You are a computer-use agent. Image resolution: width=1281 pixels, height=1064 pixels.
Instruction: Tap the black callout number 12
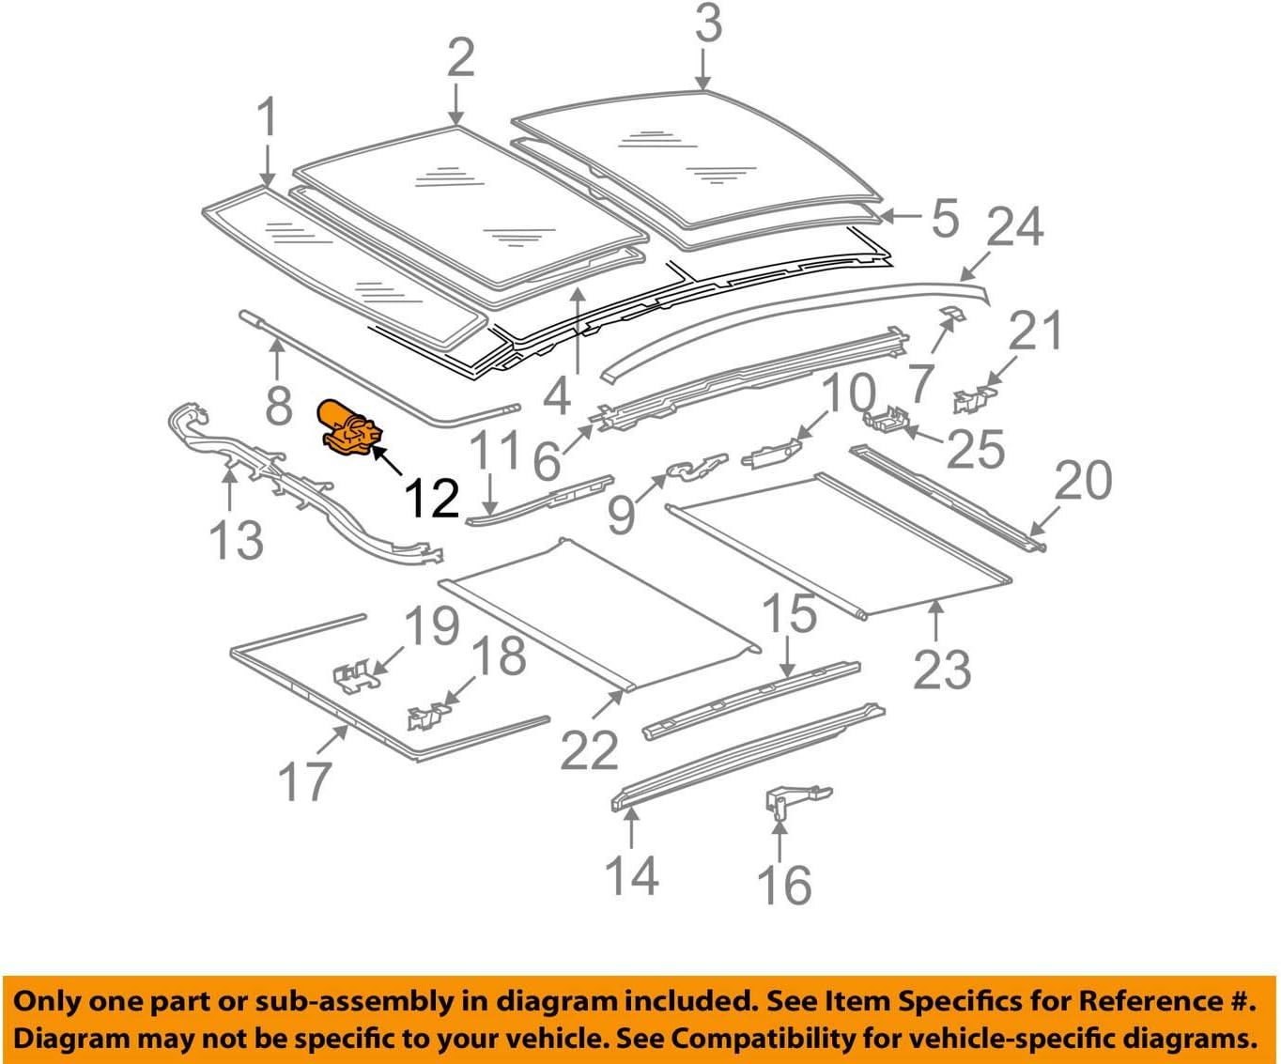[x=431, y=498]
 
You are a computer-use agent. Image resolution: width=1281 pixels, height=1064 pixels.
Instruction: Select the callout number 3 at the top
[x=708, y=24]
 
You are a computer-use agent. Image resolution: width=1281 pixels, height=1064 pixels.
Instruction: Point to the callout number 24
[x=1014, y=226]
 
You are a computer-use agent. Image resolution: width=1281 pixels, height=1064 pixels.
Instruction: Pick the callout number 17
[x=305, y=781]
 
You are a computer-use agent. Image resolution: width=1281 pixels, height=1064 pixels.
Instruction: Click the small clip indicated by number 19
[x=357, y=677]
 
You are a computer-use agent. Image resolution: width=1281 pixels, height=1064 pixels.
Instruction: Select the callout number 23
[x=942, y=669]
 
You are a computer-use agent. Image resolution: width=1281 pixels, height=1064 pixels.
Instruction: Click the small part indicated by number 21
[x=968, y=399]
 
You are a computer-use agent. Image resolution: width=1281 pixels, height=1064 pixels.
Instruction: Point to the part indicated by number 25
[x=887, y=417]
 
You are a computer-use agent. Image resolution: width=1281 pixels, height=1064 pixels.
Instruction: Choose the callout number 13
[x=235, y=540]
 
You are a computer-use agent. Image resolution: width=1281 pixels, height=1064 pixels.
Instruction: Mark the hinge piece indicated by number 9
[x=695, y=467]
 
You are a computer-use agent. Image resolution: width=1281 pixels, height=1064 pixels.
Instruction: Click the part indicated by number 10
[x=772, y=455]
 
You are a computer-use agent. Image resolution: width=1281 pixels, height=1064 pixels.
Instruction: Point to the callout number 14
[x=631, y=874]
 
